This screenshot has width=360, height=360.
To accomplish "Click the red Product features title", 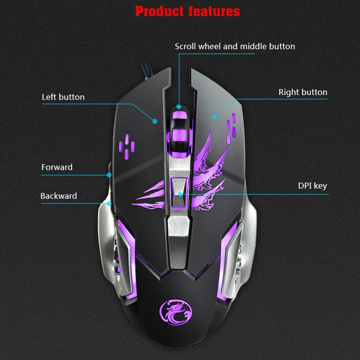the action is [187, 11].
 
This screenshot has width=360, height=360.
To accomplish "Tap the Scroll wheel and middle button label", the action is [235, 46].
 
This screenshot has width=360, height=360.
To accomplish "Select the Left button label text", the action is [63, 97].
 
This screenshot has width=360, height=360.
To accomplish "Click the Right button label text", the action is [303, 92].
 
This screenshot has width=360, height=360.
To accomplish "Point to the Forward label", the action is [57, 167].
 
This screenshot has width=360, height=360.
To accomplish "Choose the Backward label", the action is [58, 196].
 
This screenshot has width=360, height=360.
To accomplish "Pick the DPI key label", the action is [312, 186].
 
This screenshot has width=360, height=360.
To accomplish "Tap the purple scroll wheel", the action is [180, 132].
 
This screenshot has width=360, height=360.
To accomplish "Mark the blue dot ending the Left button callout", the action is [155, 121].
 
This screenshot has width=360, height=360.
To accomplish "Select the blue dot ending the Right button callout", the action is [214, 117].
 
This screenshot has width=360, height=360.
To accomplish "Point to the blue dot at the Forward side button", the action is [109, 175].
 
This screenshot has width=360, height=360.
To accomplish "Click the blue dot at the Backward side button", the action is [109, 203].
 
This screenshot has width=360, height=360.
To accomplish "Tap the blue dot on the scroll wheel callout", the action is [179, 107].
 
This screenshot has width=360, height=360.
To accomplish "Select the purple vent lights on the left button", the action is [126, 147].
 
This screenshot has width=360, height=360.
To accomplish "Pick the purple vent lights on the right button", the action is [231, 128].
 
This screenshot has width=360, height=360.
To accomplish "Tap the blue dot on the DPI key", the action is [180, 194].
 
